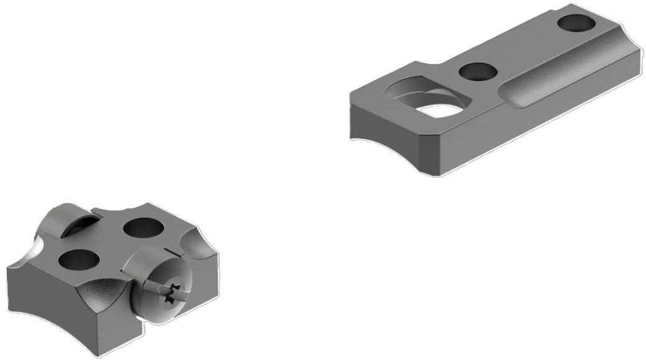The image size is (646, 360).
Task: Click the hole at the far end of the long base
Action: [576, 24]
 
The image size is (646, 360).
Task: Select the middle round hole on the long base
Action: [477, 71]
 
